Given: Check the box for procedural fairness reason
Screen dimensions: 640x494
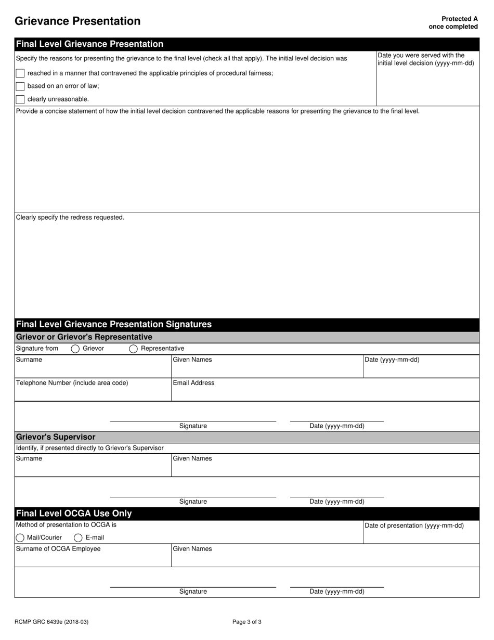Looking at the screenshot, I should point(20,73).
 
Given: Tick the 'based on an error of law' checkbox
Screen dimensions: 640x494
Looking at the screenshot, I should point(20,86).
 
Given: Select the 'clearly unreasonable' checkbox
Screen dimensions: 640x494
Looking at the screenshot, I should point(20,99).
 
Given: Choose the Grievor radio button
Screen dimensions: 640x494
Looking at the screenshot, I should point(75,349).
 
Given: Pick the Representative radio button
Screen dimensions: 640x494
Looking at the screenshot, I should point(134,349).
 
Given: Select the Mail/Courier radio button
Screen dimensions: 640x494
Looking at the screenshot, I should point(20,537).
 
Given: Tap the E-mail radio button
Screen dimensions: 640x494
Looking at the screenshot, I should point(79,537).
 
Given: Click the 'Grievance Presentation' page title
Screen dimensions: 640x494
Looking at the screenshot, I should point(77,21).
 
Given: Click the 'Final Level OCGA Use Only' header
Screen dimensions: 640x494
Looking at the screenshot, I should point(74,514).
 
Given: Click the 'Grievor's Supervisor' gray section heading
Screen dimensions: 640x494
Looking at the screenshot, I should point(56,437).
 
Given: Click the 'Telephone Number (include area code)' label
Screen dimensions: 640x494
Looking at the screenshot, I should point(72,383).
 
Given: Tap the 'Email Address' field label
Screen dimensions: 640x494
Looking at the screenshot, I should point(193,383).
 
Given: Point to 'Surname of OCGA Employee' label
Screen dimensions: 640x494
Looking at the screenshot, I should point(58,549).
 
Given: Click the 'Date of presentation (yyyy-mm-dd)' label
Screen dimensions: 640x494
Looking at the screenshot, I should point(414,526).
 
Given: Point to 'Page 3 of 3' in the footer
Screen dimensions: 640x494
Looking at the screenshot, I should point(247,622).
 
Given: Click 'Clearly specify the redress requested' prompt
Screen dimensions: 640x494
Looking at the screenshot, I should point(70,217).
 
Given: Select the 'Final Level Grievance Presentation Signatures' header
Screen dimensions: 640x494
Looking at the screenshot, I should point(114,325).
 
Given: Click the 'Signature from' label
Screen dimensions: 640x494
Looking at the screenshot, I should point(37,349).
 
